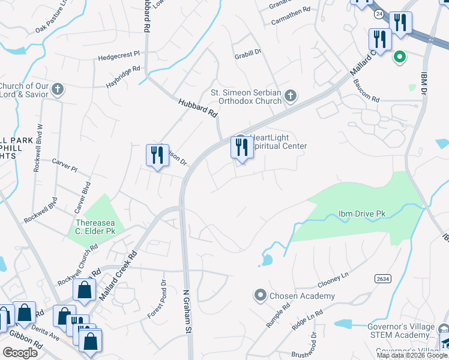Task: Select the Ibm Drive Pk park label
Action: (x=362, y=214)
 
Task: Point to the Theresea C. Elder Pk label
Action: (x=95, y=226)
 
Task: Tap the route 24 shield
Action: (x=378, y=13)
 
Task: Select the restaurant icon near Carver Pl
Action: (x=157, y=155)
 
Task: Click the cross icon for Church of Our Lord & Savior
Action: (x=58, y=90)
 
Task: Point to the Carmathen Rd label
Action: (x=290, y=10)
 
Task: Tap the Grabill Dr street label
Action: (x=248, y=52)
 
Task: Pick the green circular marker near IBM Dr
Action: (x=399, y=58)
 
